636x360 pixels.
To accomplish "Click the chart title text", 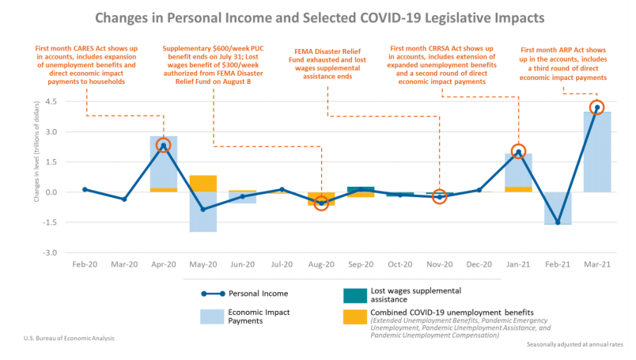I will (318, 17).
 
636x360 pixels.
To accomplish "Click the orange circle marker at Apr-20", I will (164, 146).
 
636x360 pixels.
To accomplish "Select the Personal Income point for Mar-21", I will (596, 107).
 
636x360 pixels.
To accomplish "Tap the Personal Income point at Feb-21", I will (558, 222).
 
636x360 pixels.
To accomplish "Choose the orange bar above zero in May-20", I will (203, 184).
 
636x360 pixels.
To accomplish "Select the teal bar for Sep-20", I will (361, 189).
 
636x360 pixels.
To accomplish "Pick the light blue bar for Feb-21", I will (558, 208).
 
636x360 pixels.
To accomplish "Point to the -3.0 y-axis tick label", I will (50, 252).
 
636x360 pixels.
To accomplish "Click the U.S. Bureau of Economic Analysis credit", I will (69, 339).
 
